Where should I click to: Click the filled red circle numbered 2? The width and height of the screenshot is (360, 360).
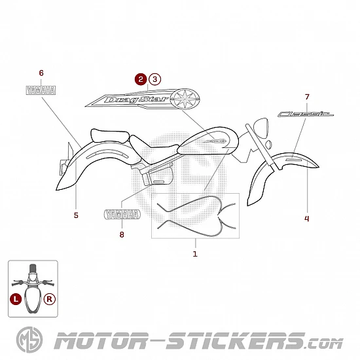[141, 79]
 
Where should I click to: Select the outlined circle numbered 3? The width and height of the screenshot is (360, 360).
[154, 79]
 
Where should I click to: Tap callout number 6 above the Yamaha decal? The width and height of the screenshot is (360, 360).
[41, 73]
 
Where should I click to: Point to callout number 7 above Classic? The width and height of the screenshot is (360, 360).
[307, 97]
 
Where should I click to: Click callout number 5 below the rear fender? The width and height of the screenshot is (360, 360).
[76, 215]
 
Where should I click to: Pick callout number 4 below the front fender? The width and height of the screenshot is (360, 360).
[307, 219]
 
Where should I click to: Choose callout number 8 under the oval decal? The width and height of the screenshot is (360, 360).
[122, 234]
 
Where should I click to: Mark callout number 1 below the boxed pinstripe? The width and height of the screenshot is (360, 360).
[195, 254]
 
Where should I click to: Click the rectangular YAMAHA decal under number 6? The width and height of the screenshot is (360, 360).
[41, 90]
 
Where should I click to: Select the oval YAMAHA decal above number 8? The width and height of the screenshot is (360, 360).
[122, 215]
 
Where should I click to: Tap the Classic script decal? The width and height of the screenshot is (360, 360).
[306, 114]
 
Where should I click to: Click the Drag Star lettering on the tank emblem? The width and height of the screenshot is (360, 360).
[136, 99]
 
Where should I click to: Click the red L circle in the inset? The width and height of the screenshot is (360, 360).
[16, 299]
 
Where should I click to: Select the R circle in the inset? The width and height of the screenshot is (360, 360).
[50, 299]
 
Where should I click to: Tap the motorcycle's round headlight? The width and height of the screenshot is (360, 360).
[261, 128]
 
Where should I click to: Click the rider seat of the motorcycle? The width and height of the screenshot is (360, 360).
[153, 149]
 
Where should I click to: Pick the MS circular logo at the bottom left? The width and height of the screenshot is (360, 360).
[29, 340]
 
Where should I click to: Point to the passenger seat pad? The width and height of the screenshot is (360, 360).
[110, 135]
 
